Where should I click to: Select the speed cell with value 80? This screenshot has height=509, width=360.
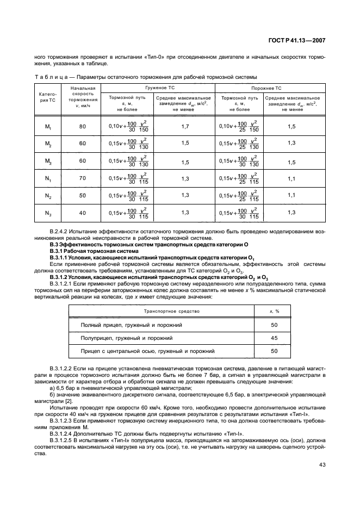(83, 127)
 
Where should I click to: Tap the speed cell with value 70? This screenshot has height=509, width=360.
(83, 178)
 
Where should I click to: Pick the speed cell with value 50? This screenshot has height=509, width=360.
(83, 195)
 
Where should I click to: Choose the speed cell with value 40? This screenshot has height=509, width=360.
(83, 212)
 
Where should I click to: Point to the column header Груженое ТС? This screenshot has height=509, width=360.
(158, 87)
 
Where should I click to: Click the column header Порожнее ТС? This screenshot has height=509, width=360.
(266, 87)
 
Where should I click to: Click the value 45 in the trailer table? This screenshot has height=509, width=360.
(274, 338)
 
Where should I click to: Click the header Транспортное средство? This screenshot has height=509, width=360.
(171, 311)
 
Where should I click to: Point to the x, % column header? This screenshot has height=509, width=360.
(274, 311)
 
